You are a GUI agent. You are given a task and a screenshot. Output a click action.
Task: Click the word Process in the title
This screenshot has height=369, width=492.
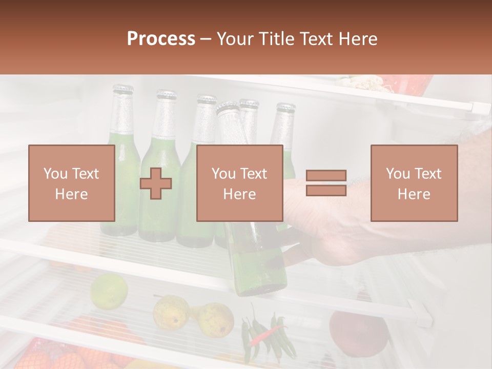pos(161,39)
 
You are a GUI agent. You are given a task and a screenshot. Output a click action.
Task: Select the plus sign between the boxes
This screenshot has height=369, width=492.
pos(156,183)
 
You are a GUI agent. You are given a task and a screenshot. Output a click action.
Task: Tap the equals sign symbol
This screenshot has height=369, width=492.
pos(326,183)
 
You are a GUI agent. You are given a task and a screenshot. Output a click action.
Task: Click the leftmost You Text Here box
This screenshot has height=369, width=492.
pos(72,183)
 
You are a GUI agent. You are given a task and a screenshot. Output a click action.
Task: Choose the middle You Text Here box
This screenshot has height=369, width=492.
pos(239,183)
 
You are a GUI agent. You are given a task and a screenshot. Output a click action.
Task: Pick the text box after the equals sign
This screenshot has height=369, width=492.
pos(414,183)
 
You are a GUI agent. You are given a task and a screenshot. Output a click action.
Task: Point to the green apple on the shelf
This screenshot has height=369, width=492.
pos(109,291)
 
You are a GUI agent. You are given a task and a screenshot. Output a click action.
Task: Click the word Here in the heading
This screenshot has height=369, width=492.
pos(356,39)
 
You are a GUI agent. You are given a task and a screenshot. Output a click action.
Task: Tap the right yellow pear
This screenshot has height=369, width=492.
pos(215,319)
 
